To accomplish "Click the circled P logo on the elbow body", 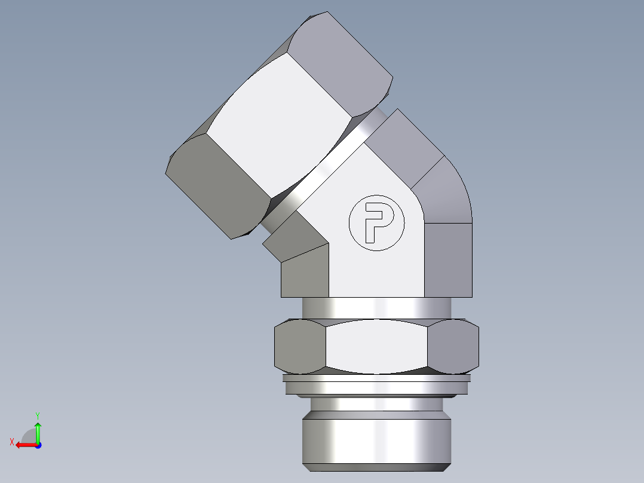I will pyautogui.click(x=377, y=223).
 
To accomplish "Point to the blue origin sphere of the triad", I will pyautogui.click(x=38, y=445).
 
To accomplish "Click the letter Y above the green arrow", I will pyautogui.click(x=37, y=415).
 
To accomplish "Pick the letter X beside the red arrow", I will pyautogui.click(x=11, y=442).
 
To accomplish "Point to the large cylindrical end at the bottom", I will pyautogui.click(x=376, y=439).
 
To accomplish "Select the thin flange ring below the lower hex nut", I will pyautogui.click(x=376, y=383).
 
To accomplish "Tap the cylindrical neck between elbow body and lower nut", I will pyautogui.click(x=376, y=308).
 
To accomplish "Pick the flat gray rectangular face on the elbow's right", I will pyautogui.click(x=448, y=260).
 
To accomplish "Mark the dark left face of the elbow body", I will pyautogui.click(x=305, y=272).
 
